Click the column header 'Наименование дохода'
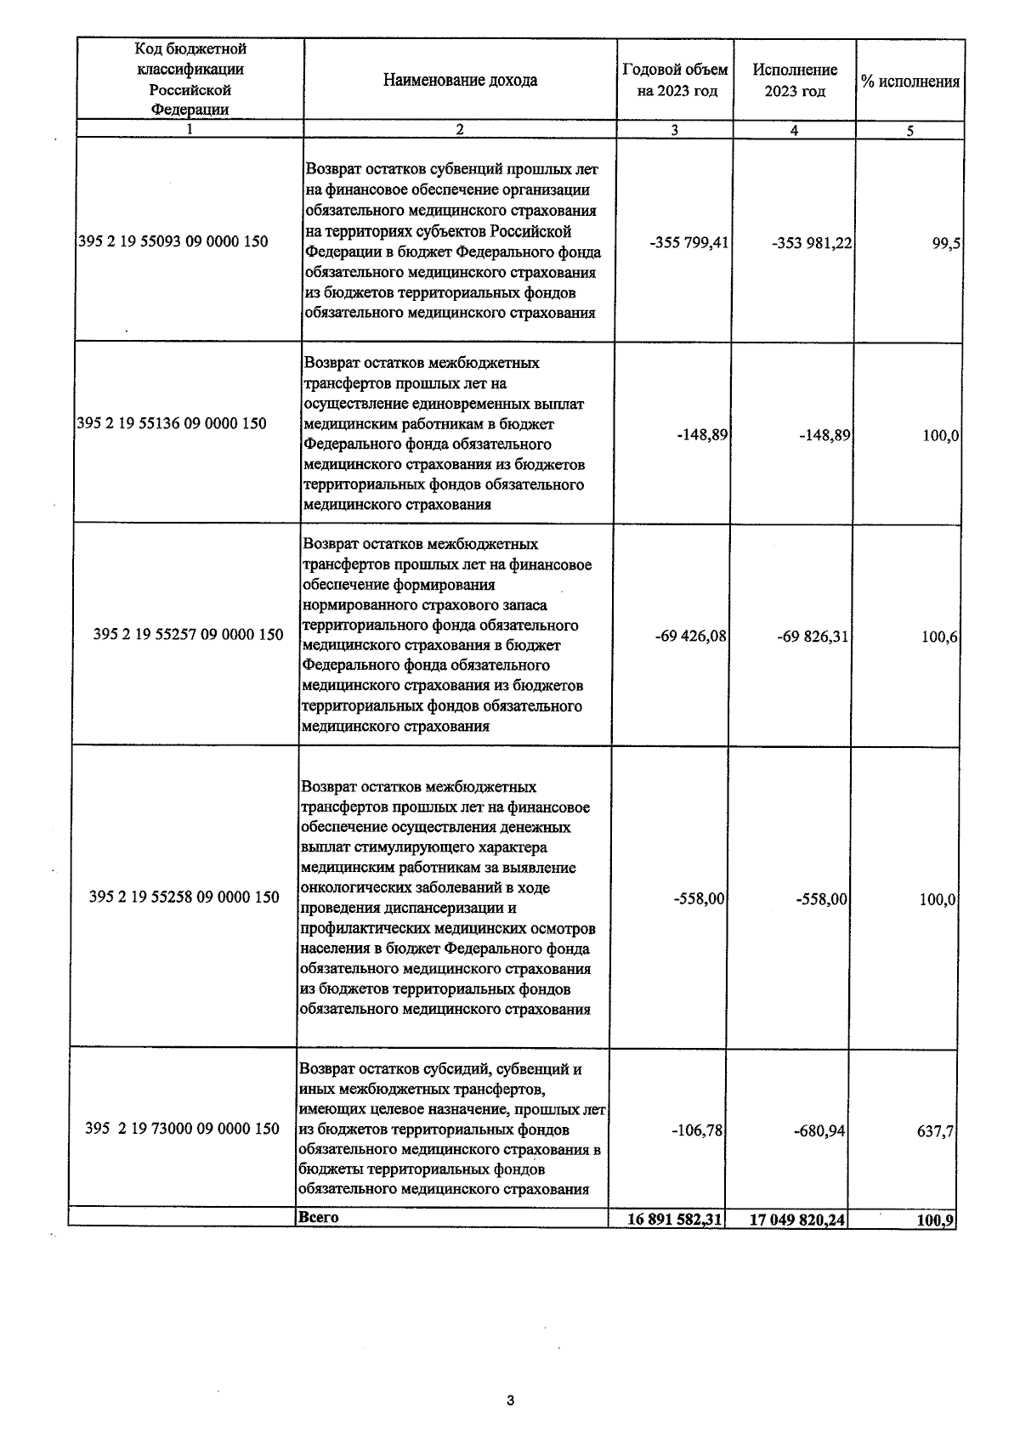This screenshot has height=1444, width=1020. coord(460,81)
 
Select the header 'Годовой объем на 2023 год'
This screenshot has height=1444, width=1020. coord(675,81)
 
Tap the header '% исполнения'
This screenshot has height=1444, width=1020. coord(909,82)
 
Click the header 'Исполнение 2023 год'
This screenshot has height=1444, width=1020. coord(794,81)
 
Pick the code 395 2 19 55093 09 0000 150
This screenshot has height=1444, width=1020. coord(173,241)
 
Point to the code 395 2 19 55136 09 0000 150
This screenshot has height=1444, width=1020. coord(172,423)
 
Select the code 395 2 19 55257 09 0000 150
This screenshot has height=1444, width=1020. coord(188,634)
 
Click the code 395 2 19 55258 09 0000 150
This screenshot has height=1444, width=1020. coord(184,897)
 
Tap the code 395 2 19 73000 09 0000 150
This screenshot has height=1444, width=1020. coord(182,1129)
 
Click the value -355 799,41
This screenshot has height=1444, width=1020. coord(688,243)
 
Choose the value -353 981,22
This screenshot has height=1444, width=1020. coord(812,244)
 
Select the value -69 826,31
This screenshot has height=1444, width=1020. coord(813,637)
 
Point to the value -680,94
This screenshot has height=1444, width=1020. coord(820,1132)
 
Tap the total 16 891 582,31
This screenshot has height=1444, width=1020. coord(675,1219)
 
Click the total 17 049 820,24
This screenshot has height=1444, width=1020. coord(797,1220)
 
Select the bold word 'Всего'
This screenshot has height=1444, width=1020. coord(319,1217)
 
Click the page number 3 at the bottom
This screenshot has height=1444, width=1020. coord(510,1401)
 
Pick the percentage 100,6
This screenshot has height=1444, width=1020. coord(940,637)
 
